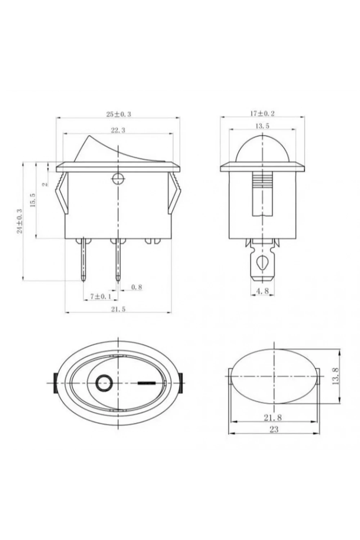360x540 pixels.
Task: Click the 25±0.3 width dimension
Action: pos(119,114)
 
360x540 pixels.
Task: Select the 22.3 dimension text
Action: pos(118,130)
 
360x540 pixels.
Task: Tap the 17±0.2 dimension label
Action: pos(262,113)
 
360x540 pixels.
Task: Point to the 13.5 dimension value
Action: pos(262,126)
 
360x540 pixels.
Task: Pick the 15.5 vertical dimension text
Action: pos(33,200)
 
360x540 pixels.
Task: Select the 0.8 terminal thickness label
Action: pos(136,287)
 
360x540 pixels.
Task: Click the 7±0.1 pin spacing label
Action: pos(100,297)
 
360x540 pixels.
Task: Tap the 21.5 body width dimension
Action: pos(118,309)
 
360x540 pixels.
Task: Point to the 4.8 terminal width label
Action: pos(262,291)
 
